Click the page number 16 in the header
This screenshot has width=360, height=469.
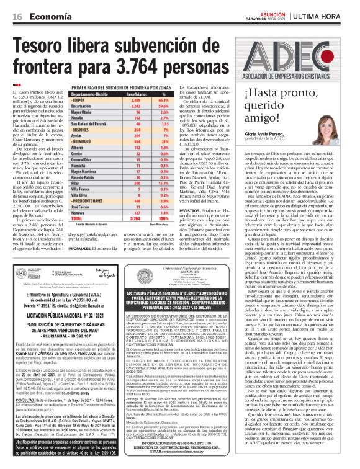(12, 8)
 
